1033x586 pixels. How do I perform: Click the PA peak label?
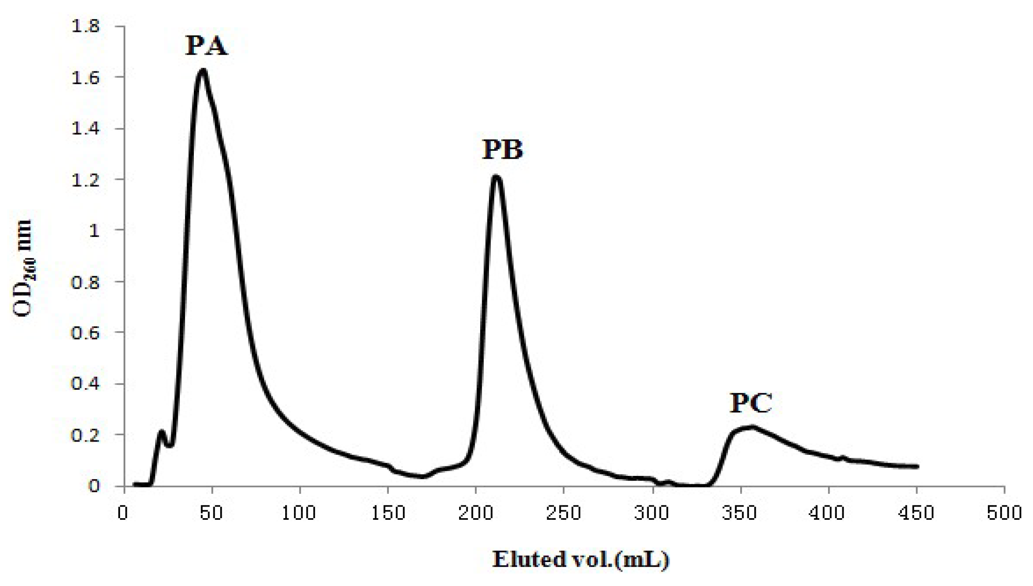206,46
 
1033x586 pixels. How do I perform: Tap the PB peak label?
503,149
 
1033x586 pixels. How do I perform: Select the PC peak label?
751,403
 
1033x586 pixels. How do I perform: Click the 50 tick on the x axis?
212,513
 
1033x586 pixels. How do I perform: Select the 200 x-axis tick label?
476,513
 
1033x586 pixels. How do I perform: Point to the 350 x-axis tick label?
739,513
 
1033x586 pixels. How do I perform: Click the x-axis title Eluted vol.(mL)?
581,559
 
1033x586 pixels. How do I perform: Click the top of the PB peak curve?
496,177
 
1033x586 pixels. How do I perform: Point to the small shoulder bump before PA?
162,432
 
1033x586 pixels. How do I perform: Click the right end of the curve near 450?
917,466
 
